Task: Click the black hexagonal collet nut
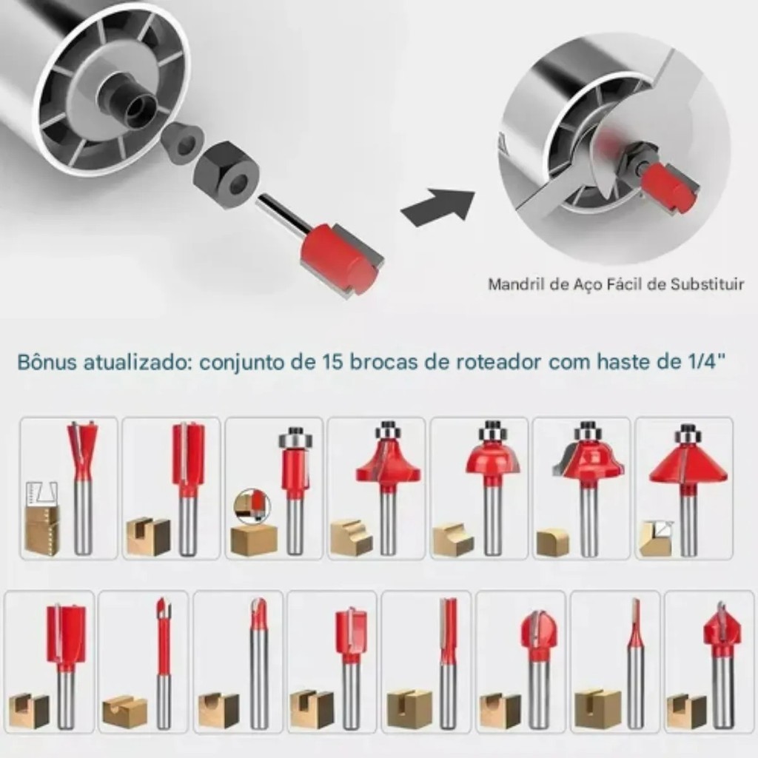pyautogui.click(x=227, y=173)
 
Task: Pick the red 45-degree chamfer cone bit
pyautogui.click(x=685, y=489)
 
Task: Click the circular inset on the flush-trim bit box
pyautogui.click(x=252, y=505)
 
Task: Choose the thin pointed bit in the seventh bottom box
pyautogui.click(x=634, y=663)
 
